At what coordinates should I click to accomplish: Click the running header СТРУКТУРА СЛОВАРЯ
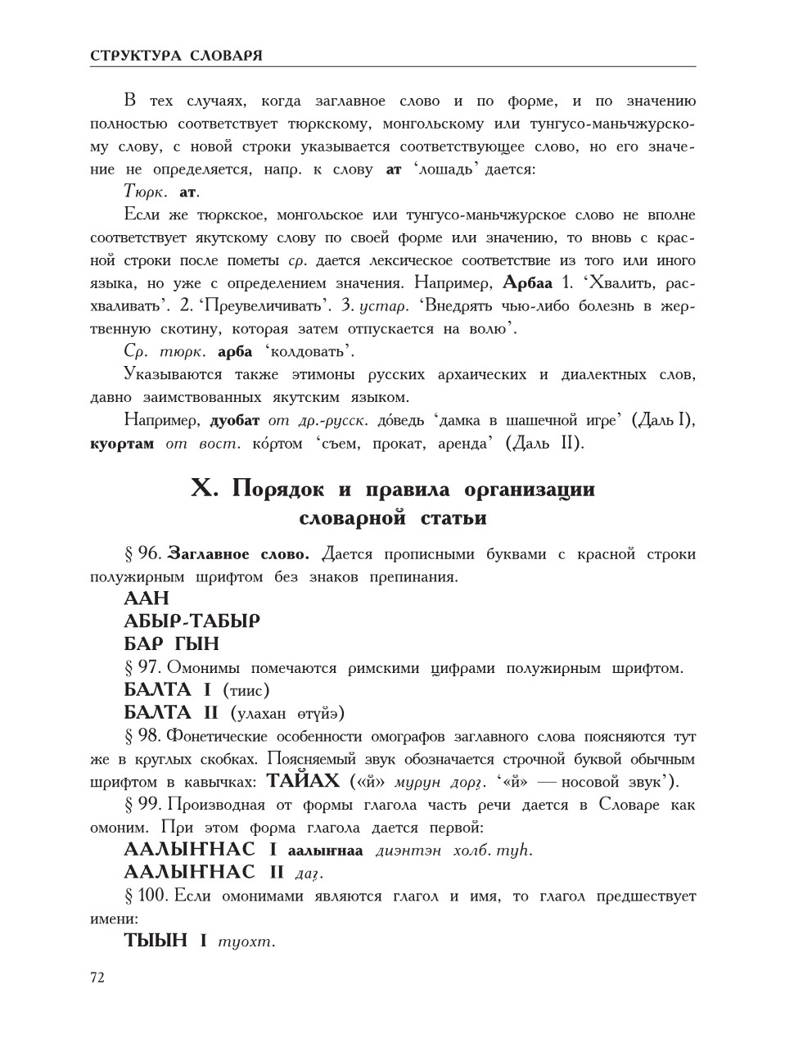(x=176, y=56)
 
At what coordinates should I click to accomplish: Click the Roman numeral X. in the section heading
(x=205, y=489)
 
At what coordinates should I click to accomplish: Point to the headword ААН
(x=147, y=598)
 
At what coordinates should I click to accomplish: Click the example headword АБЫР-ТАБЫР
(x=192, y=621)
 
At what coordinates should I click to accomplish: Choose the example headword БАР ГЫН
(x=171, y=644)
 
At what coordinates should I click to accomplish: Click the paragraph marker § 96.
(x=142, y=553)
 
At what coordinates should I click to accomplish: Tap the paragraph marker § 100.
(x=146, y=896)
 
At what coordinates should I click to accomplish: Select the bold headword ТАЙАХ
(x=303, y=780)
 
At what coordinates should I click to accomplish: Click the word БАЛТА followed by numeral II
(x=157, y=712)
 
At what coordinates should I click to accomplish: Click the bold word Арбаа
(x=527, y=283)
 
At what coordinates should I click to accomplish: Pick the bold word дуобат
(x=235, y=421)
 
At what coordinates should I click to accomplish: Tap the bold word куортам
(x=122, y=444)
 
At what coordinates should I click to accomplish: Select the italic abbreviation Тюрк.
(x=146, y=192)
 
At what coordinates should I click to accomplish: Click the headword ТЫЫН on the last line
(x=156, y=941)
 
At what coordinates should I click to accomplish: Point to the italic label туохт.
(x=246, y=941)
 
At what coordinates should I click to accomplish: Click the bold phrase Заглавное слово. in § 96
(x=244, y=553)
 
